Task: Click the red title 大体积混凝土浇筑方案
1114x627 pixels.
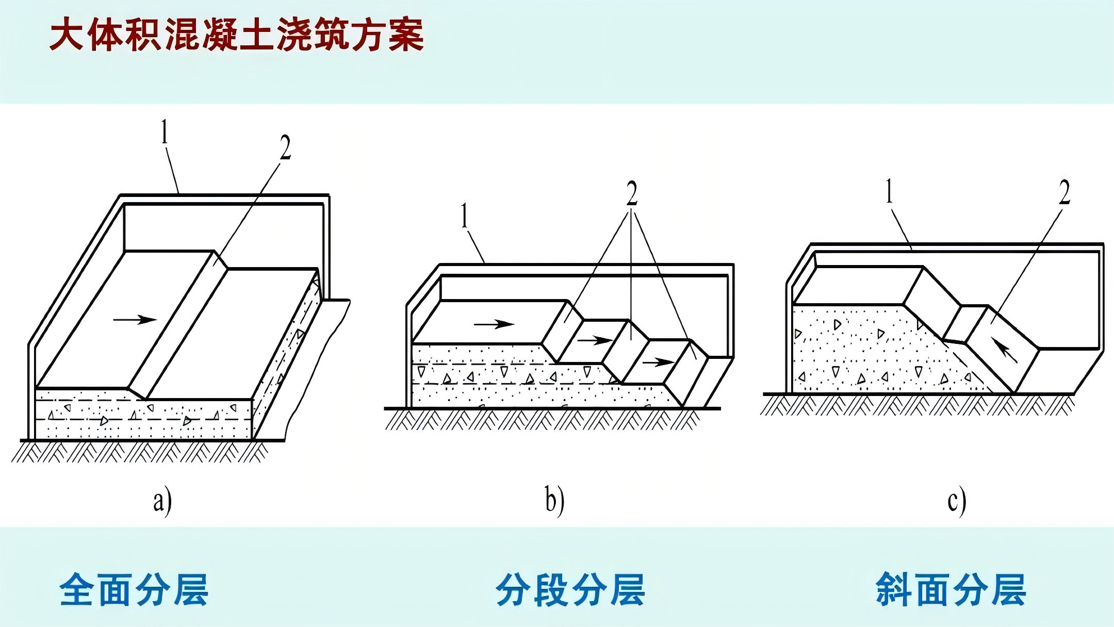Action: tap(236, 35)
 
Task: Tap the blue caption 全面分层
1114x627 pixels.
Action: tap(134, 589)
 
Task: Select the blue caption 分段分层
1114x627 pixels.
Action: tap(570, 589)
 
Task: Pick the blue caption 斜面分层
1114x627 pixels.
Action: tap(951, 589)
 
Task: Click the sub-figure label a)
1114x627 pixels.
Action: tap(162, 501)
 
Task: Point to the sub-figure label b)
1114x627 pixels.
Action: tap(554, 501)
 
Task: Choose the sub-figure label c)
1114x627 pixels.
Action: tap(956, 501)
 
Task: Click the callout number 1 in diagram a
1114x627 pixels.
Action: tap(165, 132)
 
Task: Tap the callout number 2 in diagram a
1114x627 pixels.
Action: tap(285, 147)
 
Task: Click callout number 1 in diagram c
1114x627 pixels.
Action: tap(889, 191)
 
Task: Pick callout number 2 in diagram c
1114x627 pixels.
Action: tap(1064, 192)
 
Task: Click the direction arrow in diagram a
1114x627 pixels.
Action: tap(135, 320)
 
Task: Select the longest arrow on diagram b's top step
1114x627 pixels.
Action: tap(494, 324)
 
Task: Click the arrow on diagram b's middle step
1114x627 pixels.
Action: tap(594, 340)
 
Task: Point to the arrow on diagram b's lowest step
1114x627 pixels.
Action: tap(658, 362)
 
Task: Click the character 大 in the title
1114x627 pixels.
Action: tap(66, 35)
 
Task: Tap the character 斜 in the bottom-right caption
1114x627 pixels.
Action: tap(893, 589)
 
